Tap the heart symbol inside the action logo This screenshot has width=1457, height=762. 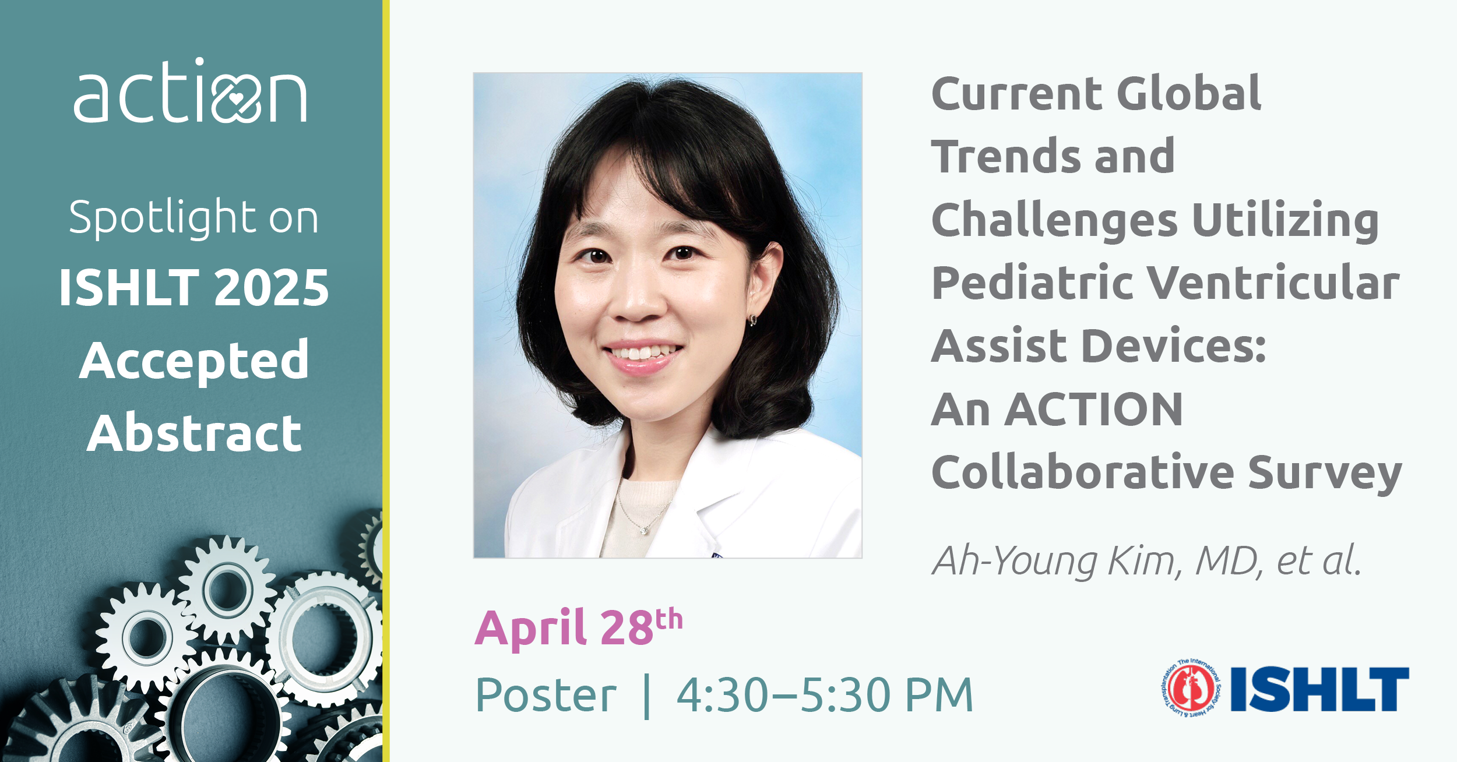(235, 100)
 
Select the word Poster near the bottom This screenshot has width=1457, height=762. (546, 695)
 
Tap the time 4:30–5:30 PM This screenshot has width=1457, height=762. (825, 695)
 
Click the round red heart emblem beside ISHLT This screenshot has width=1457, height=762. (1192, 689)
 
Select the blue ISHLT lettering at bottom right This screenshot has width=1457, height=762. (1319, 689)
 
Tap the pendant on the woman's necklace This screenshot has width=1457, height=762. (643, 530)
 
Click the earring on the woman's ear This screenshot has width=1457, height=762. (753, 320)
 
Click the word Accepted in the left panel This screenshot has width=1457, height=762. (194, 361)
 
